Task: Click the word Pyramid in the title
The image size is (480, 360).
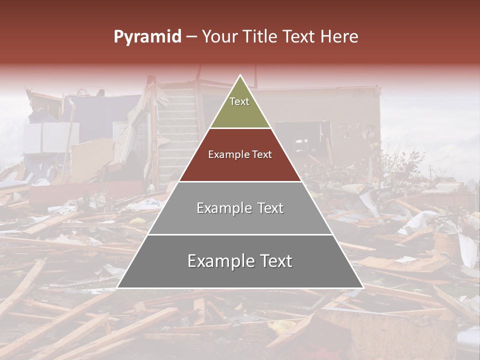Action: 147,37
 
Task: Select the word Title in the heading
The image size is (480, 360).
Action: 263,37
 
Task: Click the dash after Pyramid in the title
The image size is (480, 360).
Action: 191,37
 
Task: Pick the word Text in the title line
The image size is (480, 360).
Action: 299,37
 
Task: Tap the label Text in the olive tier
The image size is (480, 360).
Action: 239,101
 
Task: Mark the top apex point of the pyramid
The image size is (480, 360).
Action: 240,75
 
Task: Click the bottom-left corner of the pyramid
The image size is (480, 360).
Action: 117,287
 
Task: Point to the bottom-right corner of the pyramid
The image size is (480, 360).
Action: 363,287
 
